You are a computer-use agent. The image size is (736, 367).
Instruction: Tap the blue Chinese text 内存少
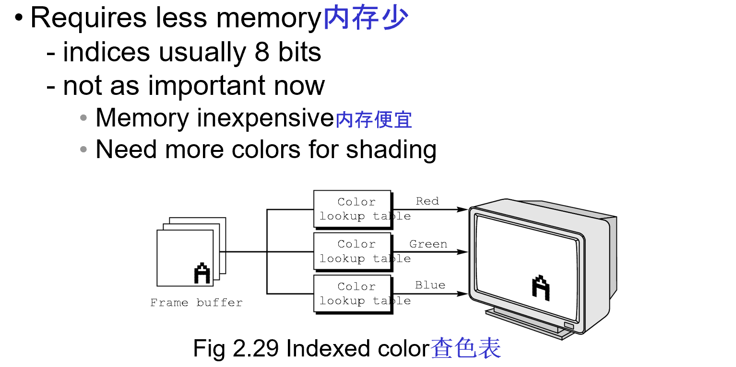click(x=366, y=18)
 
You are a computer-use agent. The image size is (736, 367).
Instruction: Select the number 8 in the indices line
click(x=262, y=52)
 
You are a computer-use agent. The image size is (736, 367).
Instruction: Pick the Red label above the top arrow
click(x=427, y=201)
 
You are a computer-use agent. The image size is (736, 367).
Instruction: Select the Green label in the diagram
click(x=428, y=244)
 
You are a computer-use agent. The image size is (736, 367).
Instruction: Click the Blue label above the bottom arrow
click(x=430, y=285)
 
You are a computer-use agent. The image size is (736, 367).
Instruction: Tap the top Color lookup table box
click(x=352, y=209)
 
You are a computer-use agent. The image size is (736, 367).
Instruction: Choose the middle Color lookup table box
click(x=352, y=251)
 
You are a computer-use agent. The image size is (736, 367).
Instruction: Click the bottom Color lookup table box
click(x=352, y=293)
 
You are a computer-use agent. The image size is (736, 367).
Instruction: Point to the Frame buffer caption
click(x=196, y=303)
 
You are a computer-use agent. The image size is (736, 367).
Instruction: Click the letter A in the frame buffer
click(x=202, y=274)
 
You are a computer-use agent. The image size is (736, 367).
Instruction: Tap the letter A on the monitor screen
click(x=541, y=287)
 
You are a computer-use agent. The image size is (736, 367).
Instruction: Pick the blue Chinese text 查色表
click(x=465, y=348)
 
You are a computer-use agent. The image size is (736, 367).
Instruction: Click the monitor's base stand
click(x=528, y=324)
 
